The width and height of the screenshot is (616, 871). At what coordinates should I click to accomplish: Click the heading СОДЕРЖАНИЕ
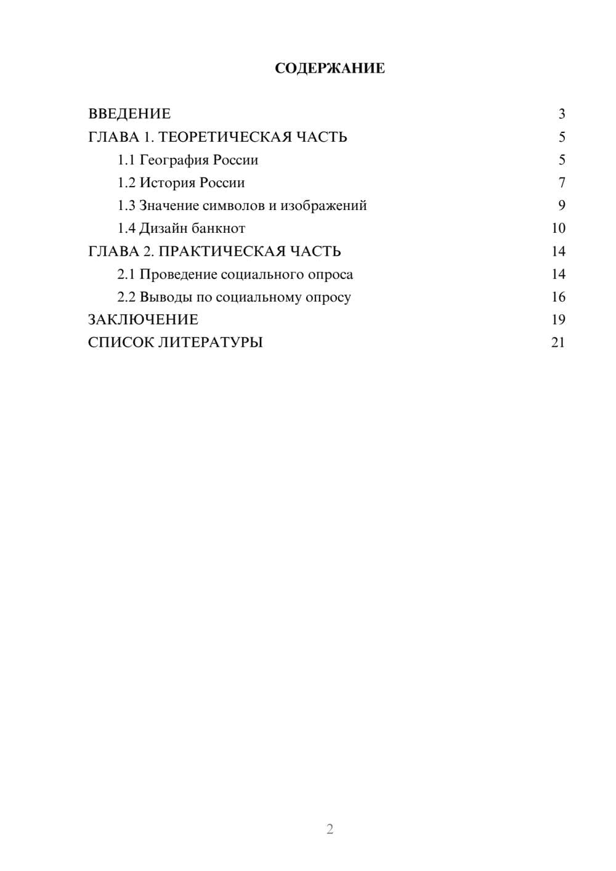[330, 68]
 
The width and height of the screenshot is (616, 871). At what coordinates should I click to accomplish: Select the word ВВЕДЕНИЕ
[129, 114]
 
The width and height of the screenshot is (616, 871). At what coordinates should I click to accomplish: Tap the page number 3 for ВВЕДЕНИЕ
[562, 114]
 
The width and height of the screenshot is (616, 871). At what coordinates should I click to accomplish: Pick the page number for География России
[562, 160]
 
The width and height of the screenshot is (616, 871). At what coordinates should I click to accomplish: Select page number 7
[562, 183]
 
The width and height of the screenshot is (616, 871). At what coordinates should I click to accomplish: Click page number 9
[562, 206]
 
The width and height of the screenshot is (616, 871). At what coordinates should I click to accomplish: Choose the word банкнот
[218, 229]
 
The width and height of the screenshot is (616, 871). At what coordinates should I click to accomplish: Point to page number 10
[558, 229]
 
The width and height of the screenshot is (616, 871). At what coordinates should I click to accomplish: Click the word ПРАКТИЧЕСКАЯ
[219, 251]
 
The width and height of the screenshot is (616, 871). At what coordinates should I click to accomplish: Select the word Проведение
[178, 274]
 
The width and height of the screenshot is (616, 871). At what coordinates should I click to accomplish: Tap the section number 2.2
[126, 297]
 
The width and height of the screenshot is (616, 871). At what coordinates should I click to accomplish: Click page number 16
[558, 297]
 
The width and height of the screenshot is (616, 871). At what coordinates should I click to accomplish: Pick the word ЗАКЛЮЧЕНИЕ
[143, 320]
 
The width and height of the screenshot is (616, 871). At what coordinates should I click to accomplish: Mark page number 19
[558, 320]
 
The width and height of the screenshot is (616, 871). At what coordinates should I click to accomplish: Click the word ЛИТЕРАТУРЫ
[211, 342]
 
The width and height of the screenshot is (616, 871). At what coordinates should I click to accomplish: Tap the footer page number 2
[330, 829]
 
